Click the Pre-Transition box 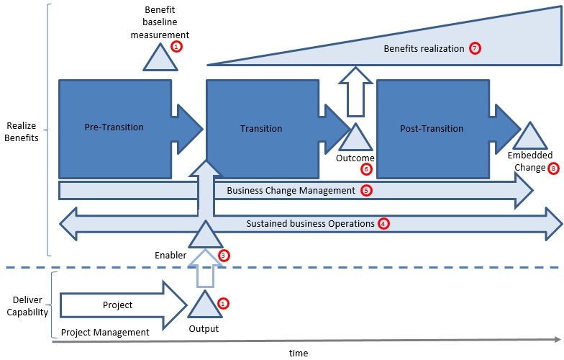click(x=114, y=128)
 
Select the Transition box click(x=261, y=129)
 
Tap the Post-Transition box click(x=432, y=129)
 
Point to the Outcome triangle click(x=354, y=138)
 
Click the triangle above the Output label click(x=204, y=307)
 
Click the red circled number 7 click(x=475, y=48)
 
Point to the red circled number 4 click(x=383, y=223)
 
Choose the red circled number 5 click(x=366, y=191)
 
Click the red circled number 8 click(x=552, y=168)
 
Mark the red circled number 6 click(x=366, y=169)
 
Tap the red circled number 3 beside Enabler click(x=224, y=255)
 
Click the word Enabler click(x=170, y=255)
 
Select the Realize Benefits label click(x=20, y=130)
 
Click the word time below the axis click(x=298, y=353)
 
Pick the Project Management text click(x=105, y=332)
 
